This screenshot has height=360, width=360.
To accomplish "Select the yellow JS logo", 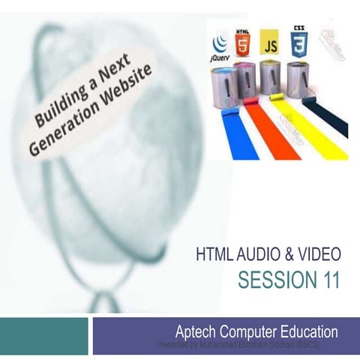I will click(x=271, y=43).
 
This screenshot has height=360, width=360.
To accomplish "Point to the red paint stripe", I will click(x=265, y=132).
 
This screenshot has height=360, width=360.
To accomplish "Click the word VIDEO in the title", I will click(x=318, y=256).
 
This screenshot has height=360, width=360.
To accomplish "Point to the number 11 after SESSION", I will click(x=327, y=280).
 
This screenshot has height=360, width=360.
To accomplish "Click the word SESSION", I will click(x=274, y=280).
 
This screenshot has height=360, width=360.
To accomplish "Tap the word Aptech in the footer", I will click(x=195, y=331).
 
